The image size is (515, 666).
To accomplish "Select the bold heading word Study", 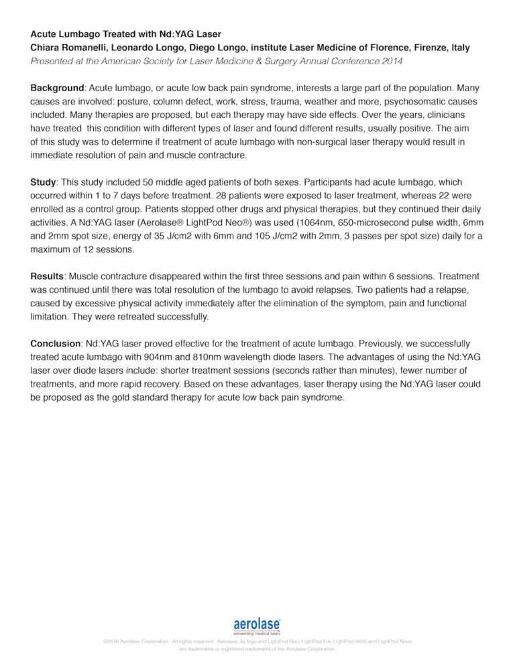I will tap(44, 182).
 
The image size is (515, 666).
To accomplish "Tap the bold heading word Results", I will tap(48, 276).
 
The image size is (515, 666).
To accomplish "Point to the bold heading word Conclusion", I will tap(54, 344).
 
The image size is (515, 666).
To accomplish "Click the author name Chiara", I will tap(47, 48).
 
